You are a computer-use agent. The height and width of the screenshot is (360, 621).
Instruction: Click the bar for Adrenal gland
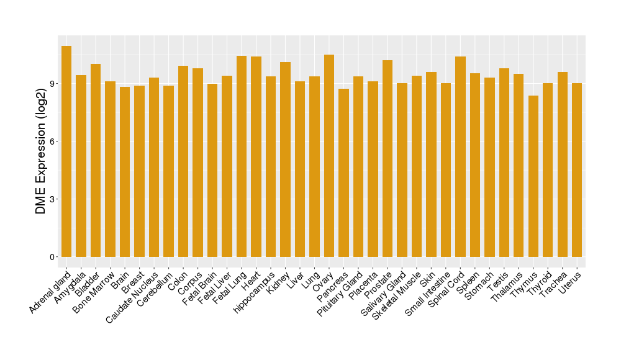66,151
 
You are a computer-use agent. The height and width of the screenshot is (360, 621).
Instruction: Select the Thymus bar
533,176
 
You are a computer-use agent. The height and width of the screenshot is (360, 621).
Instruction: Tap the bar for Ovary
329,156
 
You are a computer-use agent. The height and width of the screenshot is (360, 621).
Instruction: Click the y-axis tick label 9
54,84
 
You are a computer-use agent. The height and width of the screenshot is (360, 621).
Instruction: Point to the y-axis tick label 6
54,142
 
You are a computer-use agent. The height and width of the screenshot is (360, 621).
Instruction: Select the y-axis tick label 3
54,199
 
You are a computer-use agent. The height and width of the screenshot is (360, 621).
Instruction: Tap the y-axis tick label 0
54,257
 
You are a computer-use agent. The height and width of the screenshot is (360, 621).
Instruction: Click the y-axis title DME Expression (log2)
41,151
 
